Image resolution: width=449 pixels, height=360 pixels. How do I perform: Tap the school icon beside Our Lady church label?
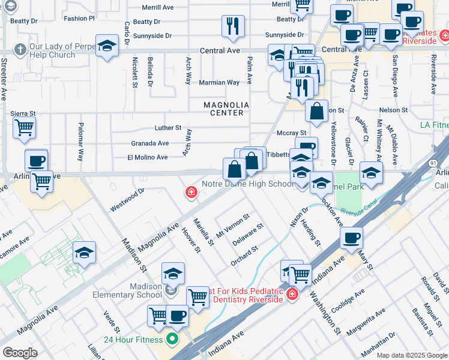click(107, 46)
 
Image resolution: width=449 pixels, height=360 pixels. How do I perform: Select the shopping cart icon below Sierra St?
click(24, 127)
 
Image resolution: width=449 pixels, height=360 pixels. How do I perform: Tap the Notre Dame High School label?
click(248, 184)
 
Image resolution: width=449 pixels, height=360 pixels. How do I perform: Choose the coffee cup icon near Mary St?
click(351, 238)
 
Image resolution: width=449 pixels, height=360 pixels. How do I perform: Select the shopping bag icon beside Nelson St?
click(316, 111)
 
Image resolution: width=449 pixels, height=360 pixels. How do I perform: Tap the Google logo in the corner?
click(20, 353)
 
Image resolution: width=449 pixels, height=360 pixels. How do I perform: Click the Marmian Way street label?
click(219, 82)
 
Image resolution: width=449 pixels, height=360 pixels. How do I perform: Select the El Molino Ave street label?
click(147, 157)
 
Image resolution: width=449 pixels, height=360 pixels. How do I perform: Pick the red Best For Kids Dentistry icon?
click(292, 295)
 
